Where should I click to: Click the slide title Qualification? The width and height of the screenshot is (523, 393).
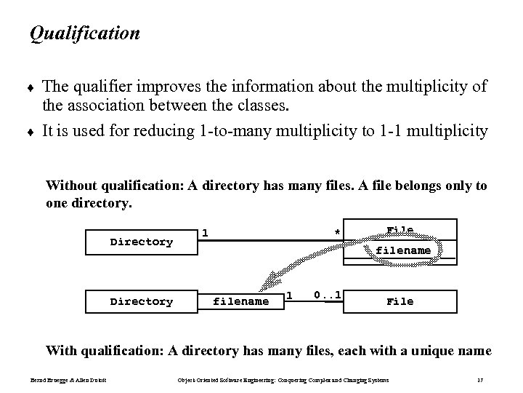tap(84, 33)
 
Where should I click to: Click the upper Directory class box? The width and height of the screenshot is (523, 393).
tap(141, 242)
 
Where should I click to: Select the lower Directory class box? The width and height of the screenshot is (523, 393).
tap(141, 301)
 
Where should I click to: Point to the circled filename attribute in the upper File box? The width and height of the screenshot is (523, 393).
tap(403, 250)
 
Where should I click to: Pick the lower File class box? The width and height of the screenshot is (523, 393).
tap(400, 301)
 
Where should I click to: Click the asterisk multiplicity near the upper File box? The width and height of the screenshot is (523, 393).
tap(336, 234)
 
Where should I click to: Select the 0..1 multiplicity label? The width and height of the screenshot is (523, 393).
tap(327, 295)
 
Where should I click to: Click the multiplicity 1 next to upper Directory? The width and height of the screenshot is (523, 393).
tap(206, 233)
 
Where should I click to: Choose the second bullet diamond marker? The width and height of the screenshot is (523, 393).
tap(32, 132)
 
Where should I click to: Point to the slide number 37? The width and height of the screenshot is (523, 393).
tap(480, 380)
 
